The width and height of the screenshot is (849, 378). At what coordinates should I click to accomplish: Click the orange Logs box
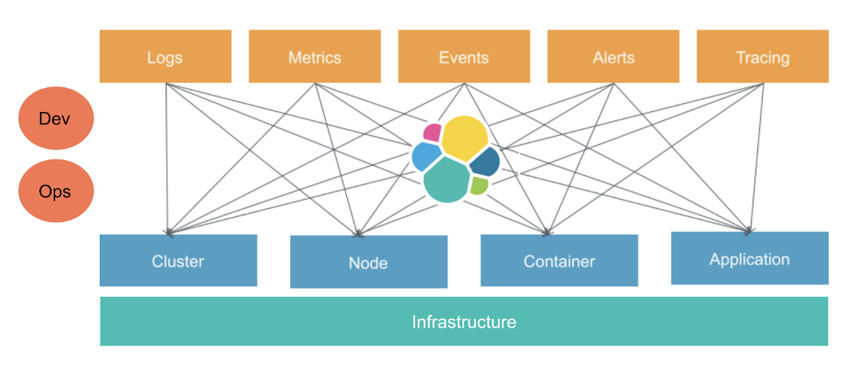(x=165, y=56)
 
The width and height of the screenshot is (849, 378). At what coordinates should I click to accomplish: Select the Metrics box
(x=314, y=56)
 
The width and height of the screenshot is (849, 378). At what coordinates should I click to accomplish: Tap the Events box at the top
(x=464, y=56)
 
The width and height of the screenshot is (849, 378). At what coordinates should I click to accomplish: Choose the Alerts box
(x=613, y=56)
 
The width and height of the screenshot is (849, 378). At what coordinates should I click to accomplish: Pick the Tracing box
(x=762, y=56)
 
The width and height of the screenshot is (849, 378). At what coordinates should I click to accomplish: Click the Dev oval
(x=55, y=118)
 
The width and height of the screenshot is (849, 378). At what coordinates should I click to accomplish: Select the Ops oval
(x=55, y=191)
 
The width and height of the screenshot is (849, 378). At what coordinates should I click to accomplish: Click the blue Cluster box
(x=178, y=260)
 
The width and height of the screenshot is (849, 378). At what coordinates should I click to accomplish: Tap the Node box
(x=369, y=262)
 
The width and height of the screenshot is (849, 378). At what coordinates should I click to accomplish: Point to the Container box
(x=559, y=260)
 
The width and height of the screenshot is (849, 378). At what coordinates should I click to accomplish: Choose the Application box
(x=750, y=258)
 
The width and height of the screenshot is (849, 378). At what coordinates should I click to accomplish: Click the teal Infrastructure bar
(x=464, y=321)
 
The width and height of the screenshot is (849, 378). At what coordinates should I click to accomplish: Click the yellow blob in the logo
(x=465, y=136)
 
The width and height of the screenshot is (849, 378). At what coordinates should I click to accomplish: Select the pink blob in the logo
(x=433, y=132)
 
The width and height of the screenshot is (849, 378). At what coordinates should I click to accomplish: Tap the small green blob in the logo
(x=480, y=185)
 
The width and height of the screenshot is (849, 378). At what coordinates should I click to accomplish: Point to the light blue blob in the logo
(x=426, y=157)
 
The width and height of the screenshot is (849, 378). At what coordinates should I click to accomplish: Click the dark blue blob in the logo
(x=485, y=161)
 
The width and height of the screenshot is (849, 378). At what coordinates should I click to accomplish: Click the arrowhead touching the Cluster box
(x=168, y=231)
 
